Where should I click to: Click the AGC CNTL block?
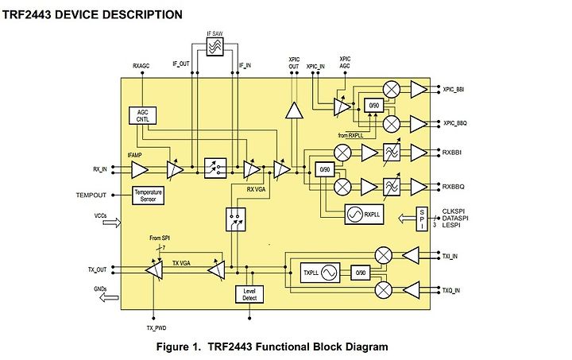[x=144, y=114]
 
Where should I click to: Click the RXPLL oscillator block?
[x=363, y=214]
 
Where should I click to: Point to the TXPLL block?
[x=319, y=272]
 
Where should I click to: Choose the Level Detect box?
[x=249, y=293]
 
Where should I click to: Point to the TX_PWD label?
[x=157, y=327]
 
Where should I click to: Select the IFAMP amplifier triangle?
[x=140, y=168]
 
